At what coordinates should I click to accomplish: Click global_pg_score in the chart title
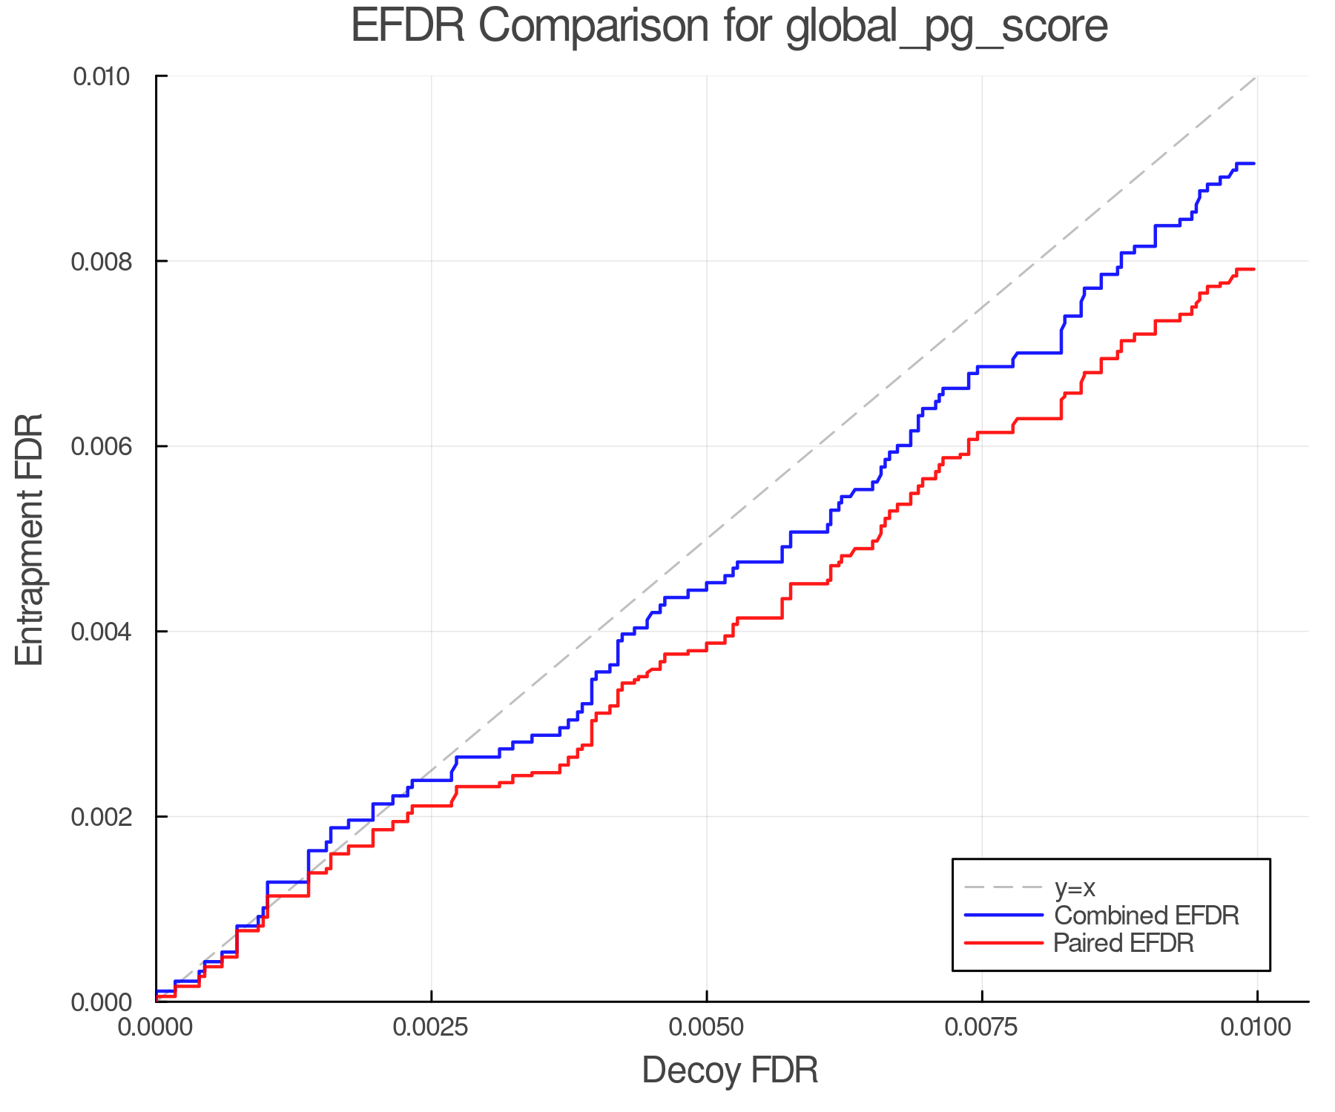946,27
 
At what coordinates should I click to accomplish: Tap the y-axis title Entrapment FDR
30,539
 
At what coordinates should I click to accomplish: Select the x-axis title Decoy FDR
730,1070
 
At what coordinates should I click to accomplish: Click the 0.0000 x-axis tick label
156,1027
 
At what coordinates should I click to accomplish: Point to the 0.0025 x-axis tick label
431,1027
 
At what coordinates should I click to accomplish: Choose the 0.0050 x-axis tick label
707,1027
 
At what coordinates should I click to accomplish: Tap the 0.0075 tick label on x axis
982,1027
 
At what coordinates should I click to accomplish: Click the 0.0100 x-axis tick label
1257,1027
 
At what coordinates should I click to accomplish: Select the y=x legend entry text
1075,887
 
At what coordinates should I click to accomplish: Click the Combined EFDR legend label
1146,916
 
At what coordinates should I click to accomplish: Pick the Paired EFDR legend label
1123,943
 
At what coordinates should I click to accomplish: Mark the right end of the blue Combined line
1253,163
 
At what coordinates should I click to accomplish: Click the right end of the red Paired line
1253,269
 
